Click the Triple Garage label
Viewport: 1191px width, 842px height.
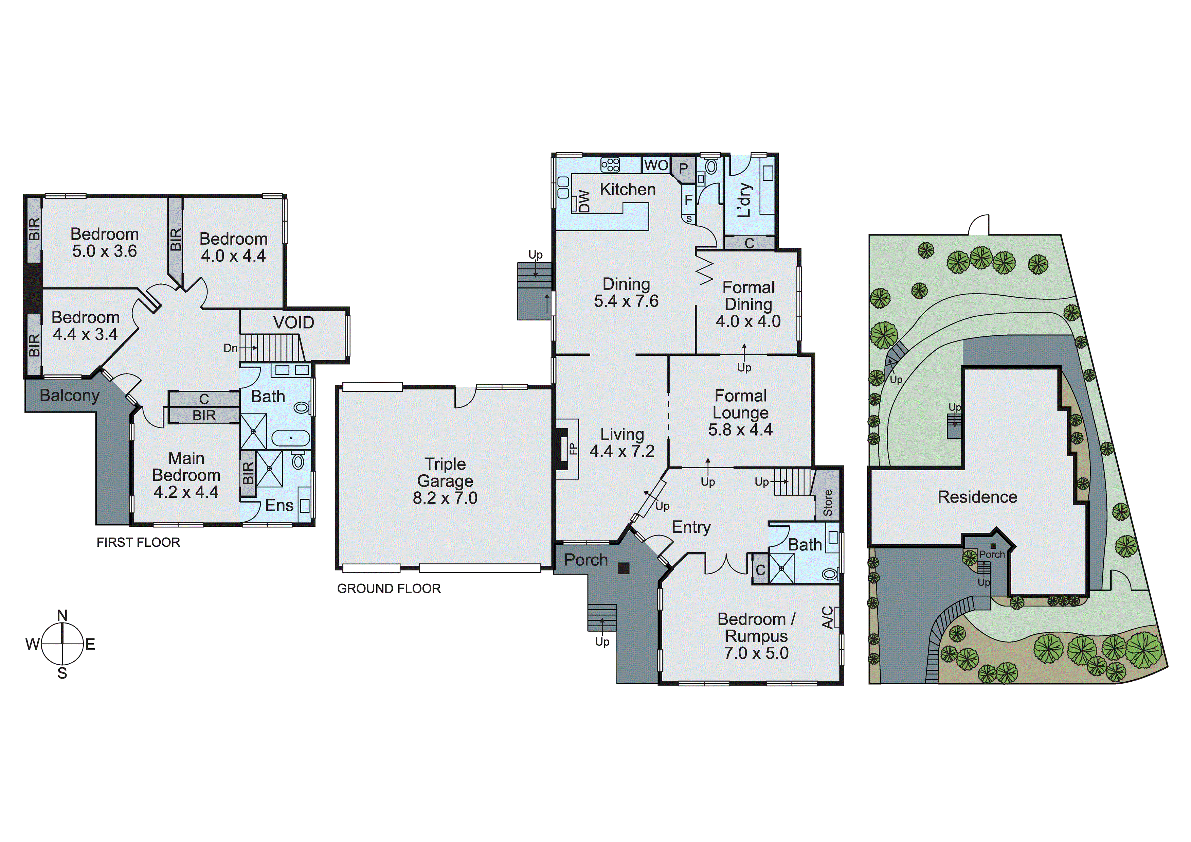[445, 472]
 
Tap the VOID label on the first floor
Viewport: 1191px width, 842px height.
[294, 322]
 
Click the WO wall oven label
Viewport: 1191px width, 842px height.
[656, 165]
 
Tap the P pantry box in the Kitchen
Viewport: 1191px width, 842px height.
[684, 168]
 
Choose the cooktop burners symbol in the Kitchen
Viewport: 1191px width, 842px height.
[610, 164]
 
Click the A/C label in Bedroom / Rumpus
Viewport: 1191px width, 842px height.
[828, 618]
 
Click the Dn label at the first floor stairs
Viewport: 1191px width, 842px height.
[230, 348]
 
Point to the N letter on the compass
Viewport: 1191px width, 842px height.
[62, 615]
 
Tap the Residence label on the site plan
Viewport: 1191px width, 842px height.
[977, 497]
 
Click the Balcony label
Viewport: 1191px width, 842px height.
[70, 396]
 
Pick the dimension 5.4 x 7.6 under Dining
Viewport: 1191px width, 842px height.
[626, 301]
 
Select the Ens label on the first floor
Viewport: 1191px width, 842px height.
[279, 505]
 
